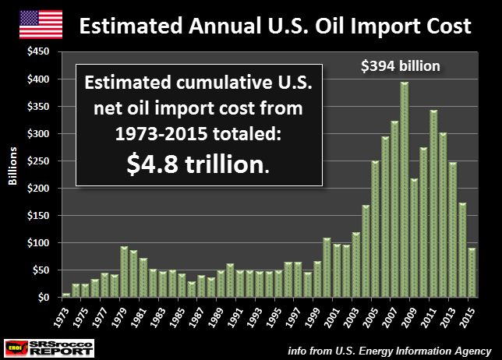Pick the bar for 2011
coord(433,203)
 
